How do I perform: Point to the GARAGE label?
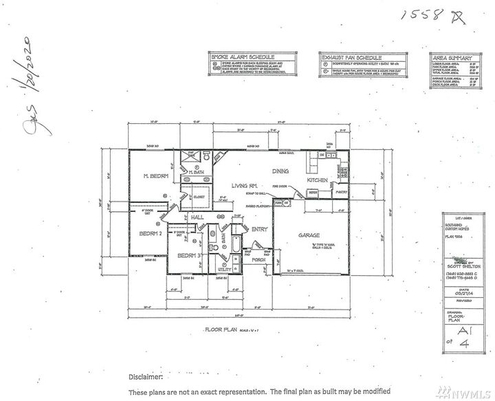[309, 235]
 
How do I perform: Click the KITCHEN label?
[318, 180]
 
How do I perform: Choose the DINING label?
[280, 171]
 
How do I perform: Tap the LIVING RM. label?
[243, 185]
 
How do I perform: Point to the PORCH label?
[258, 260]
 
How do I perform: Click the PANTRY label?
[341, 193]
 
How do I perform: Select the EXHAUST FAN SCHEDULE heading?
[351, 57]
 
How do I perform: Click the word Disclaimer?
[145, 377]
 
